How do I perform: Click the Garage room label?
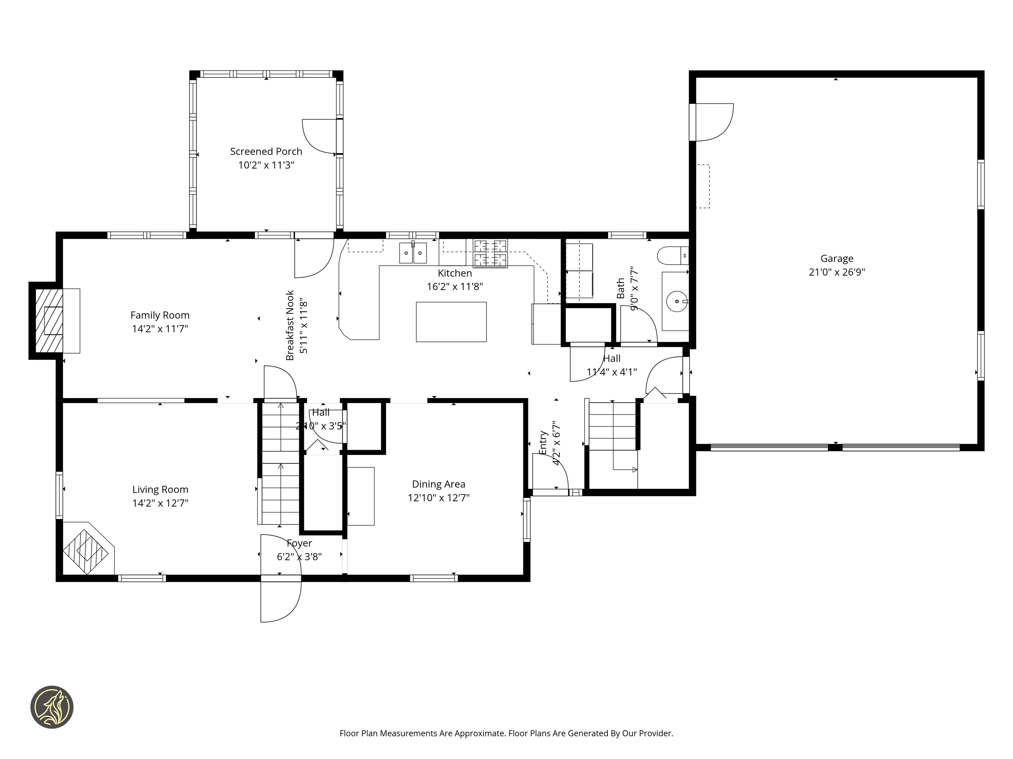(x=836, y=259)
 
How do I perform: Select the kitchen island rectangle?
(x=451, y=322)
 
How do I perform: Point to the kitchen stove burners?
(x=490, y=253)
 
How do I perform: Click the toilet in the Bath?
(x=671, y=256)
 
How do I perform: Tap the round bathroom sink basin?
(x=676, y=301)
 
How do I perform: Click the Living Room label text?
(x=160, y=490)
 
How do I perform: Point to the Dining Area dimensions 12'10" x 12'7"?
(x=438, y=498)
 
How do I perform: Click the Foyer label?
(x=299, y=543)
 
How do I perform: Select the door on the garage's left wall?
(x=712, y=122)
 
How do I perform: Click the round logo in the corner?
(x=52, y=707)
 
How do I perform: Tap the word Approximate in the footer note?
(x=480, y=733)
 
